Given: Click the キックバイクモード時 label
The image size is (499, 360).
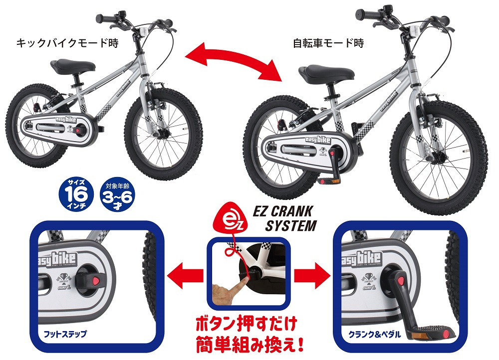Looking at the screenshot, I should [67, 43].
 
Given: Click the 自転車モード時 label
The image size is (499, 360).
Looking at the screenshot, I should [328, 43].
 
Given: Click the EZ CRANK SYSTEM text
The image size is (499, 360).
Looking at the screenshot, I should [284, 218].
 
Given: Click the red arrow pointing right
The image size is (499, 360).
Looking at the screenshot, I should [312, 274].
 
